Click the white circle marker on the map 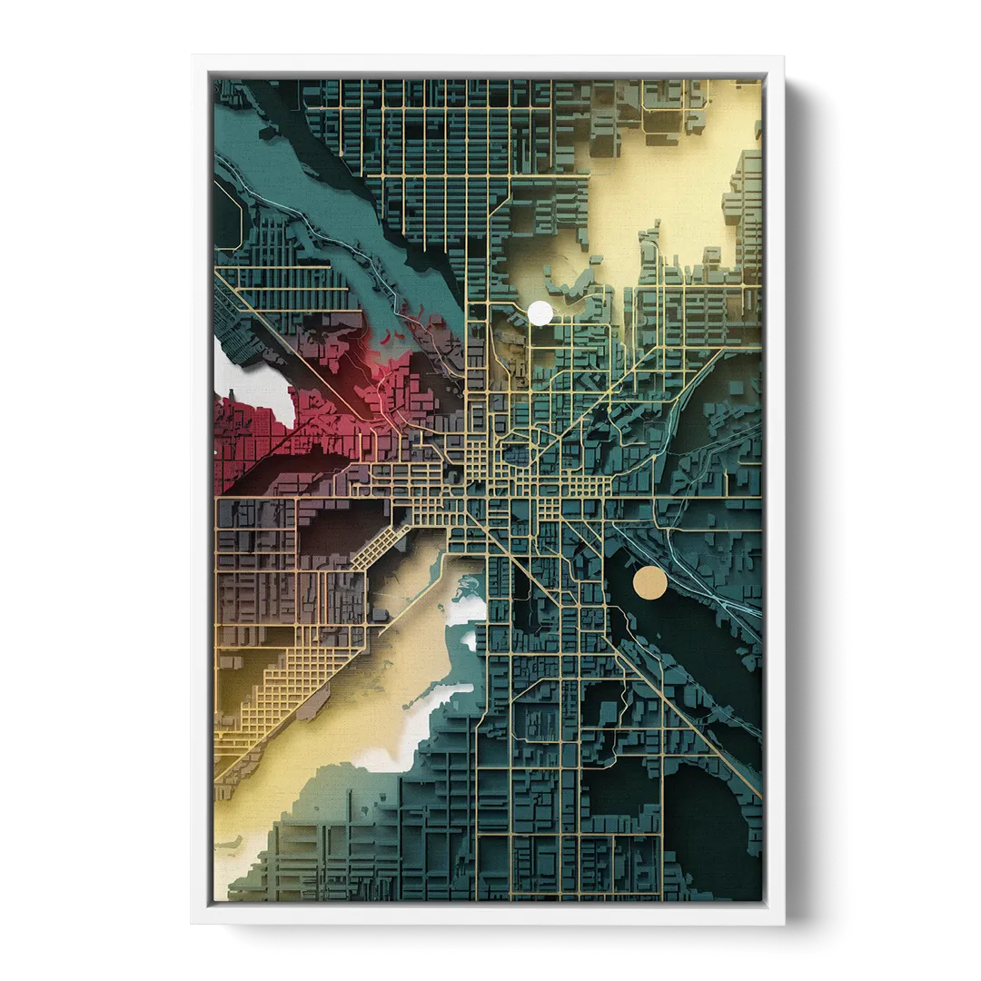540,313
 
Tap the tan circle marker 649,583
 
